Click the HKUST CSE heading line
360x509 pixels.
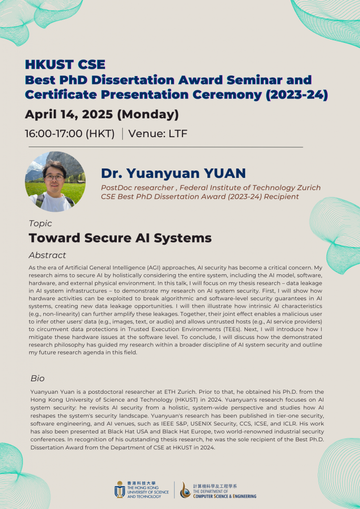tap(65, 65)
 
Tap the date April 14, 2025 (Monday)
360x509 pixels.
tap(101, 115)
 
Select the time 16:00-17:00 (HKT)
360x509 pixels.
tap(70, 134)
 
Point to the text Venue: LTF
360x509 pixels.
tap(158, 134)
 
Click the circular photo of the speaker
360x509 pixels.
tap(55, 182)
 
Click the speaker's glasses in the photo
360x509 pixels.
tap(54, 177)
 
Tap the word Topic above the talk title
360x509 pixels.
tap(40, 223)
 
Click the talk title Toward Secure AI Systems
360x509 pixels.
tap(120, 238)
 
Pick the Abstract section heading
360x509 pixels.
tap(47, 255)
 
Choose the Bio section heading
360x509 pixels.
tap(38, 378)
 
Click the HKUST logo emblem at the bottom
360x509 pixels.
tap(120, 490)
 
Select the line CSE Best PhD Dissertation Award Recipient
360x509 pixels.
tap(200, 196)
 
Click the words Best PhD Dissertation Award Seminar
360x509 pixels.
tap(169, 80)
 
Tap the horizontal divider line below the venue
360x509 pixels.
tap(166, 147)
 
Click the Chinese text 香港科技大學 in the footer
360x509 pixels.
tap(142, 483)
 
